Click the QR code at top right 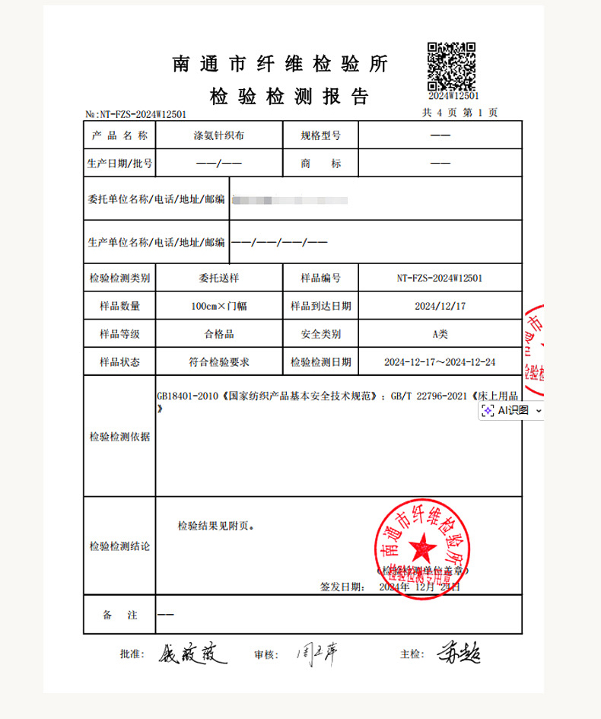451,65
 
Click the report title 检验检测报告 289,97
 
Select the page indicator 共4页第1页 460,113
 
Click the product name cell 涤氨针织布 218,136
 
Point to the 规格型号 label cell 320,136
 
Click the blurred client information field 289,200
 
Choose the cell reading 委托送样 218,278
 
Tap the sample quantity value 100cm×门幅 218,306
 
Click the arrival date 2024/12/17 439,306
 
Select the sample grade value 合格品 218,334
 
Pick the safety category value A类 439,334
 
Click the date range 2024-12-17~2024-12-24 439,362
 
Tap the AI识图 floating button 510,410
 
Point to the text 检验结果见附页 217,526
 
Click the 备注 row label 119,615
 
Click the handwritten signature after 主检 459,653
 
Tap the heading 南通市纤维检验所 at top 281,65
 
